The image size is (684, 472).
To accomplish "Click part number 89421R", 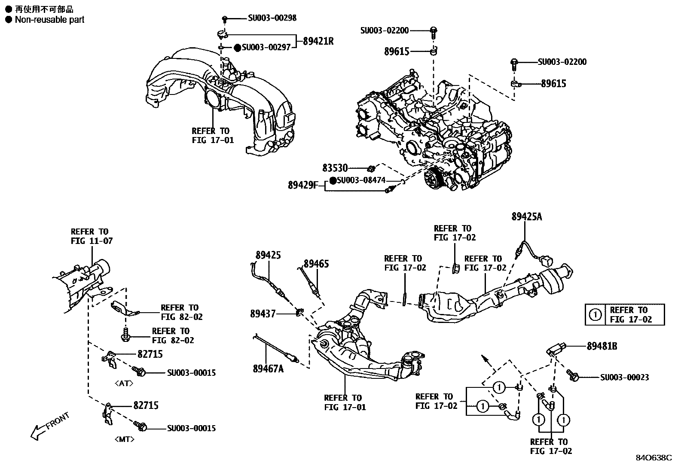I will (318, 41).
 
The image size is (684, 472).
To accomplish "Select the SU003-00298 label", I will (272, 18).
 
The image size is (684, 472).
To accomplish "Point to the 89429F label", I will (303, 185).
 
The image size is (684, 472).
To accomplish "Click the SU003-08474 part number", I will (361, 180).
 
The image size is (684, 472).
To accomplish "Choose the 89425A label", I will (526, 217).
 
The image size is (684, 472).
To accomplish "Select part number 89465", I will (316, 263).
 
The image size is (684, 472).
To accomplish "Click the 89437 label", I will (263, 314).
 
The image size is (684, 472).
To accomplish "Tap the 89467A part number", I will (268, 368).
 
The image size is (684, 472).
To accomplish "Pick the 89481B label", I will (602, 346).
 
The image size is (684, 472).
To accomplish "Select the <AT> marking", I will (124, 384).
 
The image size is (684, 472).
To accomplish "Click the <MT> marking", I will (125, 439).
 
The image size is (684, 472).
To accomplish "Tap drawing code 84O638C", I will (653, 458).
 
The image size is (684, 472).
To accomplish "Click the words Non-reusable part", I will (49, 19).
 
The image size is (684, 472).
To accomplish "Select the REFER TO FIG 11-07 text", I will (92, 236).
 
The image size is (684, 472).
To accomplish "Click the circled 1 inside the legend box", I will (595, 315).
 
